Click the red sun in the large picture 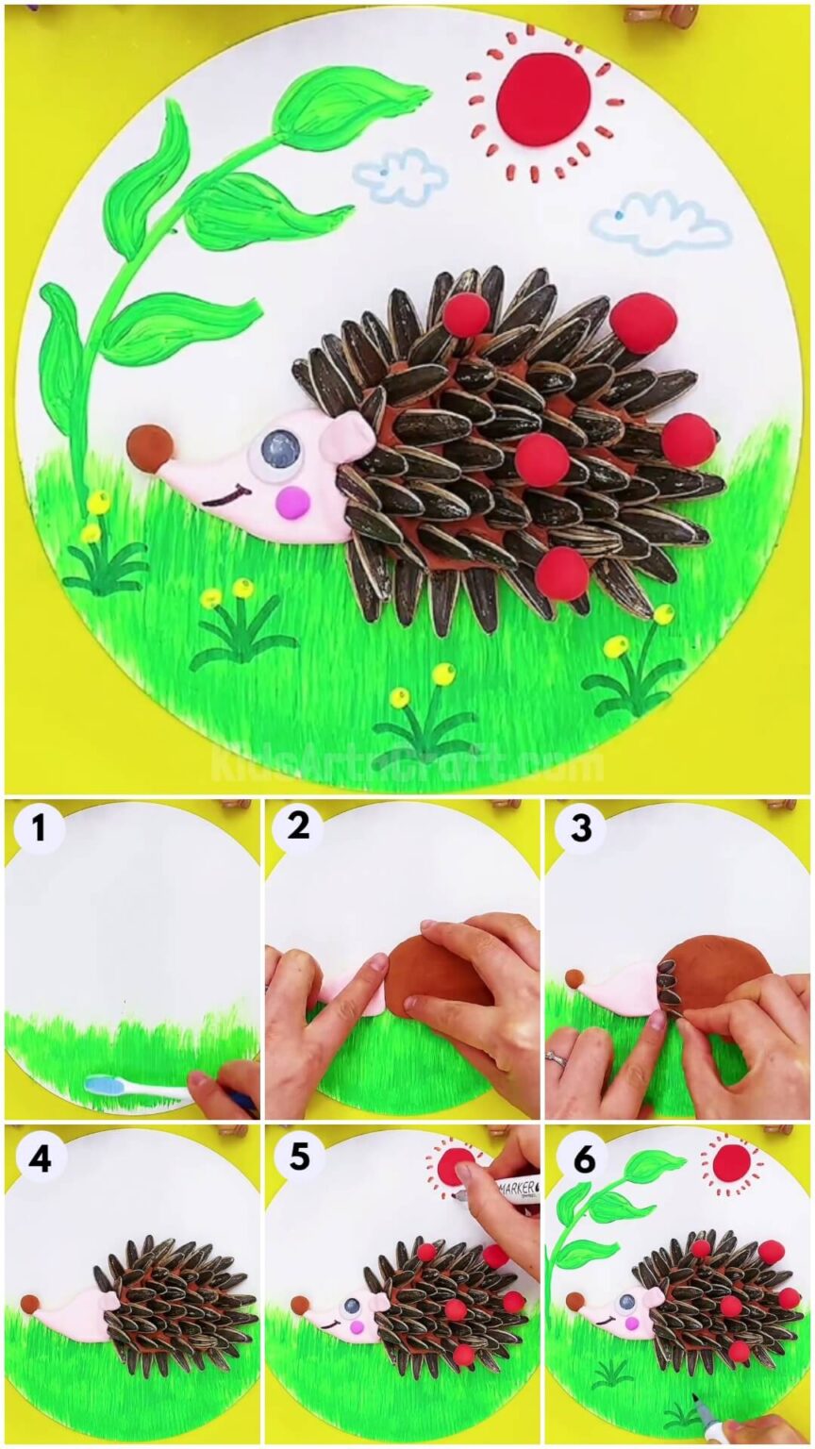tap(543, 99)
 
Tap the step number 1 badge tap(39, 829)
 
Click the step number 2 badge tap(298, 826)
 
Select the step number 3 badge tap(580, 828)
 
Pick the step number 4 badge tap(39, 1158)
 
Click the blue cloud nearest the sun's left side tap(400, 175)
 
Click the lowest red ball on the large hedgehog tap(563, 573)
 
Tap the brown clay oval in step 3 tap(723, 972)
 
